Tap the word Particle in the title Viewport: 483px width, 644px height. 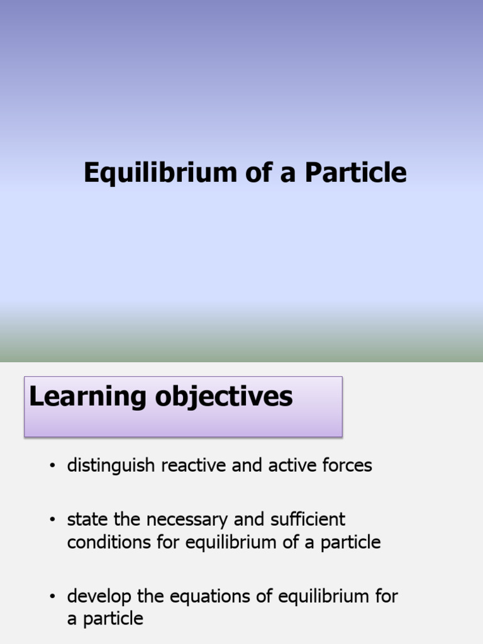tap(356, 173)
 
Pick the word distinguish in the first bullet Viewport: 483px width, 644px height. tap(112, 465)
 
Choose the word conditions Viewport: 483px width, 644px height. tap(108, 542)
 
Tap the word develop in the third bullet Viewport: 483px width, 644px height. tap(97, 596)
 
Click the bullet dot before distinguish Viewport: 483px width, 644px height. tap(53, 466)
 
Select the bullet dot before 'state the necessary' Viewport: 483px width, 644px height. tap(53, 520)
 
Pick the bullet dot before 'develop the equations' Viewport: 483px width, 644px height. tap(53, 597)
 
